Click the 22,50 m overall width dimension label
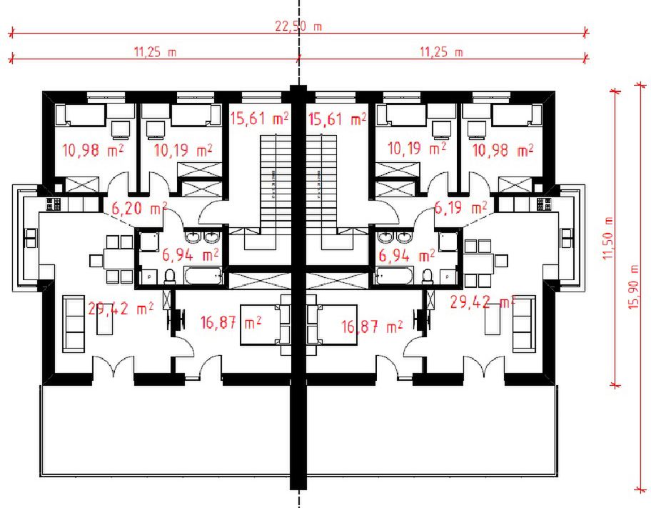[298, 26]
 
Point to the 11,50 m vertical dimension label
[608, 239]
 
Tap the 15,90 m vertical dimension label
[634, 287]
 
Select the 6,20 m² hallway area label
[139, 208]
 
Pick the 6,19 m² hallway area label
[460, 207]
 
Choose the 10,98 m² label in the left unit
[93, 151]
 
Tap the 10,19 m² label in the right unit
[417, 149]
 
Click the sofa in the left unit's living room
[74, 324]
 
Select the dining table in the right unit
[479, 264]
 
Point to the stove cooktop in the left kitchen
[54, 204]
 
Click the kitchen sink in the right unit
[566, 238]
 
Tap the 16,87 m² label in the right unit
[372, 327]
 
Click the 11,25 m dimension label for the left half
[155, 52]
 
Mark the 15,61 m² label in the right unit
[338, 119]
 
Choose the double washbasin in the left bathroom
[202, 237]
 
